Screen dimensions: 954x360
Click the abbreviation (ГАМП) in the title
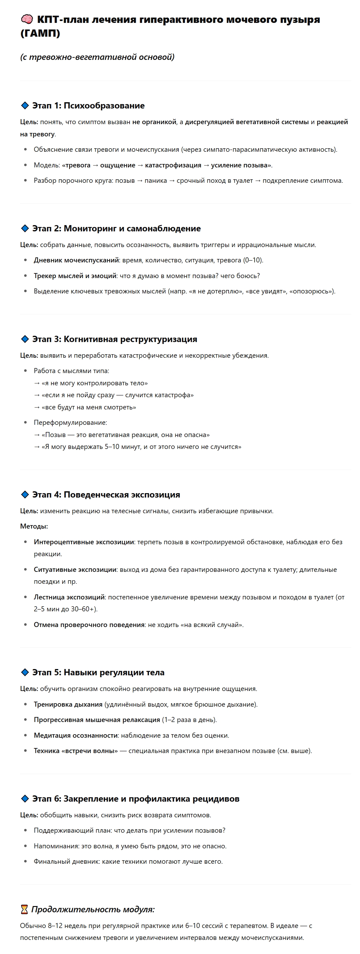click(x=40, y=33)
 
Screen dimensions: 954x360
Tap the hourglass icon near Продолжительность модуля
click(x=24, y=909)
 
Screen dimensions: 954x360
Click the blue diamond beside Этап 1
click(x=25, y=106)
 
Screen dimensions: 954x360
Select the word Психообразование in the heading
click(x=104, y=106)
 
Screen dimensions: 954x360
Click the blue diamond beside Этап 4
click(x=25, y=495)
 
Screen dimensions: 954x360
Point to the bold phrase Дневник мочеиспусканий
click(x=76, y=260)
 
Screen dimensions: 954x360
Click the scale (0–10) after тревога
click(x=253, y=260)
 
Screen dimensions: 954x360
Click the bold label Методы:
click(x=34, y=526)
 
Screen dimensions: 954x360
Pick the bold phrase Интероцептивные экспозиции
click(x=84, y=542)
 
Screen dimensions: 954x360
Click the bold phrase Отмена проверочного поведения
click(x=89, y=625)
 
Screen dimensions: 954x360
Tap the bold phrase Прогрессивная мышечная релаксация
click(x=97, y=720)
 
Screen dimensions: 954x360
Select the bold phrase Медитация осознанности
click(x=76, y=735)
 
